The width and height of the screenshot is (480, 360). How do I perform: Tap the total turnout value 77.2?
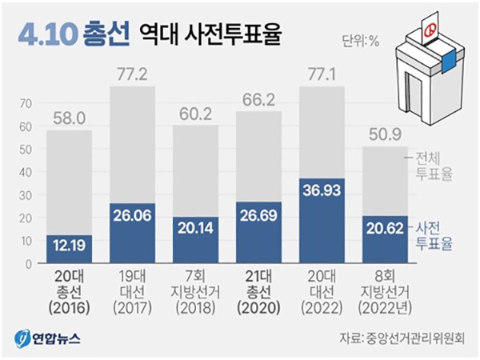coord(132,77)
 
